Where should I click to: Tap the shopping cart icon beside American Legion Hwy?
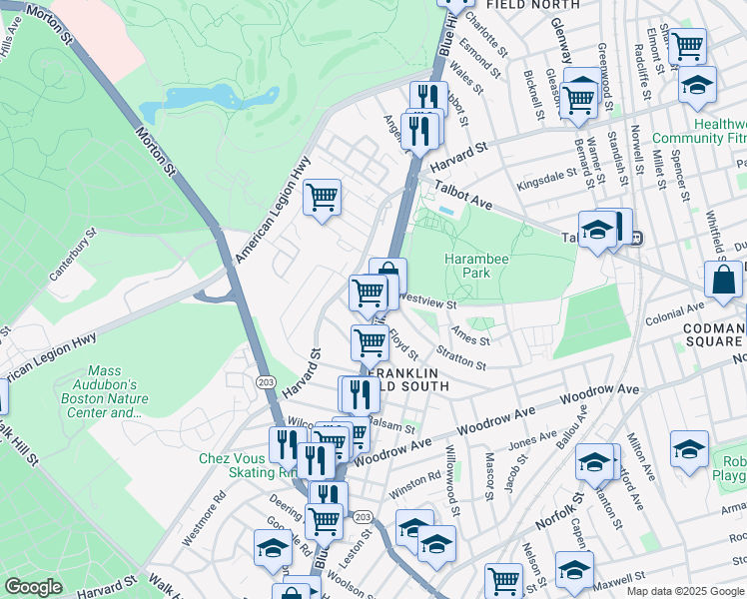(322, 198)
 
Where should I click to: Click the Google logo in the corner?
(33, 587)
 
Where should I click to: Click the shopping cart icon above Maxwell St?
(503, 579)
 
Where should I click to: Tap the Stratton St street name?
(460, 357)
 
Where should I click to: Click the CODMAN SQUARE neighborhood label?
(713, 335)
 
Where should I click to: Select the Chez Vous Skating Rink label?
(231, 465)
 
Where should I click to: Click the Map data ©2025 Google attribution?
(684, 590)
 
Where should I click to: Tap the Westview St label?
(426, 299)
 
